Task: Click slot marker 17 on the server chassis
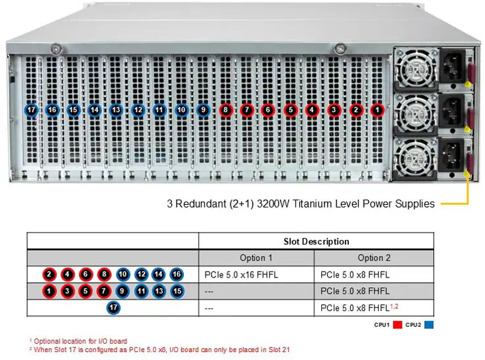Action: point(31,110)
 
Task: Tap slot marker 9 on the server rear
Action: point(203,110)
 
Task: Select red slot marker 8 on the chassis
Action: point(225,110)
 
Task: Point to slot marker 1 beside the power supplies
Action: point(377,110)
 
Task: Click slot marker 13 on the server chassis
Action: point(117,110)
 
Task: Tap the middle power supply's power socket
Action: point(451,113)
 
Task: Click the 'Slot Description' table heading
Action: point(316,242)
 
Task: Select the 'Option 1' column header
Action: point(256,258)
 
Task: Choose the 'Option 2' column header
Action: point(374,258)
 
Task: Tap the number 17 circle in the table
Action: point(113,307)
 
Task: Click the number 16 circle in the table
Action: point(176,275)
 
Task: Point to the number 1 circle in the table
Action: point(50,291)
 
